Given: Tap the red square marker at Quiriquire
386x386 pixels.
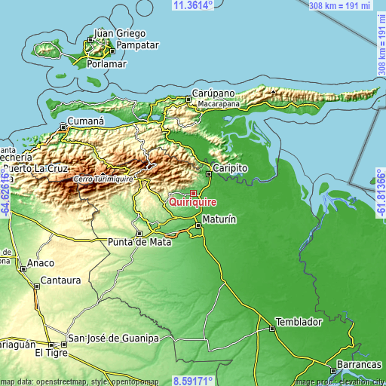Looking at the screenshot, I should pos(193,193).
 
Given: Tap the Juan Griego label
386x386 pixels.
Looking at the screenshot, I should pos(120,33).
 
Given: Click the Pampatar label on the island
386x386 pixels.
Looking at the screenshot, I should pos(136,44).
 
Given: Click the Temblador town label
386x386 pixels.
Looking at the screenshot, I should pos(299,321).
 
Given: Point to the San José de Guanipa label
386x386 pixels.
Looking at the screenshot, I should pos(113,339).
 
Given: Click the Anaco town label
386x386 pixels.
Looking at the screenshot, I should pos(41,263).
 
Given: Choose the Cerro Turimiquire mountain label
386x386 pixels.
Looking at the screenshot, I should pos(104,179).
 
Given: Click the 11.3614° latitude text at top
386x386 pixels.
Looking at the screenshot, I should pos(193,5).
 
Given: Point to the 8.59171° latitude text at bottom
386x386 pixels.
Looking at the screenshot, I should pos(193,381).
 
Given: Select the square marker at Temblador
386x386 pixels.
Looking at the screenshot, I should pos(272,328).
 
